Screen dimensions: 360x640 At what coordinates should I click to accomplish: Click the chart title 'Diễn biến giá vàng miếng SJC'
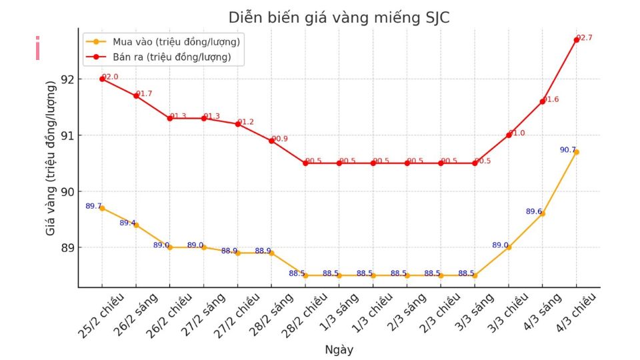(339, 18)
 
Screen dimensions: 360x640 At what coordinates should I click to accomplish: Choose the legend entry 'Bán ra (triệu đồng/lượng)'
(171, 57)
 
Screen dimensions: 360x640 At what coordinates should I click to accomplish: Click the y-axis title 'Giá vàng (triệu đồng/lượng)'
(51, 158)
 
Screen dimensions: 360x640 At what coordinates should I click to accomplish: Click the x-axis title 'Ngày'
(339, 350)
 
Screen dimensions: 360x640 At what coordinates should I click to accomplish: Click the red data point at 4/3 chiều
(577, 40)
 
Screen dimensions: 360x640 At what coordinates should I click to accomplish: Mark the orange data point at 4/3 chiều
(577, 152)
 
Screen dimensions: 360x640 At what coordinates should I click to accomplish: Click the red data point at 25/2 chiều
(102, 79)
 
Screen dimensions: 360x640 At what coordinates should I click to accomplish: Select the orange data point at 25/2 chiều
(102, 208)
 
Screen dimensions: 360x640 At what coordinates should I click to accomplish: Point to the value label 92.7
(585, 38)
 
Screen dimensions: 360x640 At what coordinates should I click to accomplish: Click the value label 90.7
(567, 150)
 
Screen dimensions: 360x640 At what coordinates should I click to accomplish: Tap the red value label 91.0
(517, 133)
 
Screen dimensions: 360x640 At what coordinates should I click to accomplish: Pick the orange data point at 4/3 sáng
(543, 213)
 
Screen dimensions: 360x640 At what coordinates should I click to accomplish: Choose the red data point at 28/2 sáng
(271, 141)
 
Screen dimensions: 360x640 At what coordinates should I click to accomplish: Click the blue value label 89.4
(127, 223)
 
